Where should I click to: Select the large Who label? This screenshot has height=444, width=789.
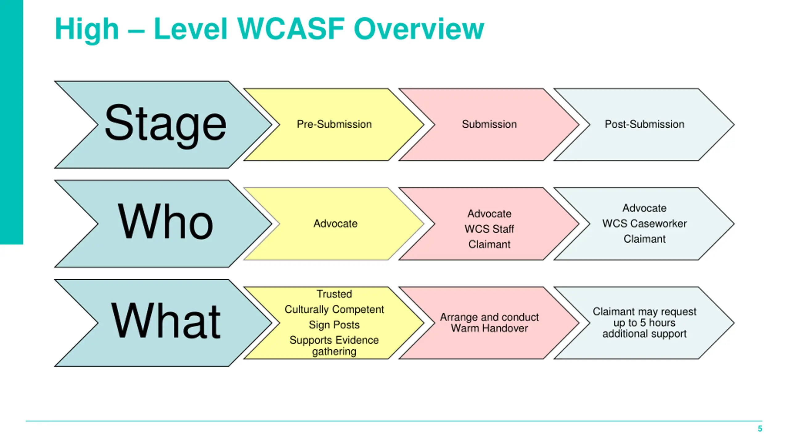pos(166,221)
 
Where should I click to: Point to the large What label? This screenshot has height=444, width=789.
pos(166,320)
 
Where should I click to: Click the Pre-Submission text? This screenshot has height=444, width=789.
pos(334,124)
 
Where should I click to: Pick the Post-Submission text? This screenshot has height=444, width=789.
pos(644,124)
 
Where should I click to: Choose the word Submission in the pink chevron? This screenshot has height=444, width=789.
pos(489,124)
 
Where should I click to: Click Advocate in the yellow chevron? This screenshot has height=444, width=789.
pos(335,224)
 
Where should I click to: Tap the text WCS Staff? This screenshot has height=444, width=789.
pos(489,229)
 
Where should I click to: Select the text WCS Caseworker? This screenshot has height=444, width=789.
pos(644,224)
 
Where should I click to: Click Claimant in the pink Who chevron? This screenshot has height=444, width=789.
pos(489,245)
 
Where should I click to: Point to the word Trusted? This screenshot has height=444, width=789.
pos(334,294)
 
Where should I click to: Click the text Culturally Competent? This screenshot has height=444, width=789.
pos(334,309)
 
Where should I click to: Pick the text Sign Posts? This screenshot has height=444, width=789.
pos(334,325)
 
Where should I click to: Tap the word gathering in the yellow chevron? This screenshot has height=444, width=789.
pos(334,351)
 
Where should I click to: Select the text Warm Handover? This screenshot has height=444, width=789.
pos(489,328)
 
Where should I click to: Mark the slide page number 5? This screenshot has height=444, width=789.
pos(760,429)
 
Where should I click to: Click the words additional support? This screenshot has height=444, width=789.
pos(644,334)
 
